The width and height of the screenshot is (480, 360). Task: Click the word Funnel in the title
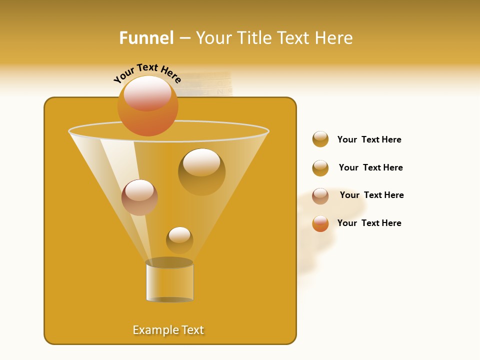pos(146,38)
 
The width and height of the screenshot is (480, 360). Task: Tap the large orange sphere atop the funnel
pos(148,105)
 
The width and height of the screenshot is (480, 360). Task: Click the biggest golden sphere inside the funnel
pos(201,171)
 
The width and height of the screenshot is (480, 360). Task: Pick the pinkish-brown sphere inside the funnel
pos(139,197)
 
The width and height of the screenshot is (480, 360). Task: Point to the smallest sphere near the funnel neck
pos(179,240)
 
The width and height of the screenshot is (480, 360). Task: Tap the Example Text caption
pos(168,330)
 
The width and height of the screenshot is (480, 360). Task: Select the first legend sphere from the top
pos(320,139)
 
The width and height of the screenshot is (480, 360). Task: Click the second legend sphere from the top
pos(320,168)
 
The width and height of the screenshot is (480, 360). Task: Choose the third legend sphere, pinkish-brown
pos(320,196)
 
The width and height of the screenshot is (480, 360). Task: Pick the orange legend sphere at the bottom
pos(320,223)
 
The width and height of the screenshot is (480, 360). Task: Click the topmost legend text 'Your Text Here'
pos(369,139)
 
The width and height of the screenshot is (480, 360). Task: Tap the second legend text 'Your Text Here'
pos(370,167)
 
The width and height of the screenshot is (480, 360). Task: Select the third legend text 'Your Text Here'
pos(371,195)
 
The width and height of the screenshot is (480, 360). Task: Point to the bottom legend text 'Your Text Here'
pos(369,223)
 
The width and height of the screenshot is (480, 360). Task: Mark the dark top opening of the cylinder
pos(169,262)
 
